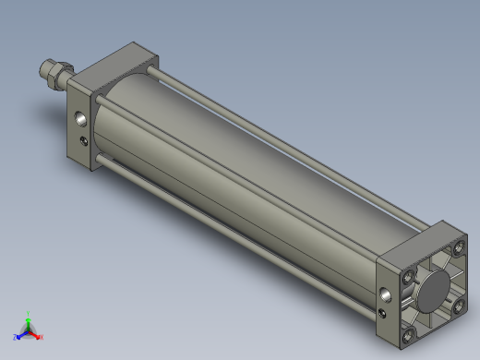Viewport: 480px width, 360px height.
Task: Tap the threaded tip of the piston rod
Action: click(x=42, y=68)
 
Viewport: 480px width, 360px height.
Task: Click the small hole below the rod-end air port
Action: click(x=86, y=140)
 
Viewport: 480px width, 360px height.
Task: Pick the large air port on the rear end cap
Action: click(x=385, y=295)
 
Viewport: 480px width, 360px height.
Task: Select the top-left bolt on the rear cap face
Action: click(x=409, y=275)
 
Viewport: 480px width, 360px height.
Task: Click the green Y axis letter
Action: click(x=29, y=314)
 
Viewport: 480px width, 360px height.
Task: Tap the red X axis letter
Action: click(x=41, y=337)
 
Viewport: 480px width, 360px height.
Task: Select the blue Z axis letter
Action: click(x=16, y=337)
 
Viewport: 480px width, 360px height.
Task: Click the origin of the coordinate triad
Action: click(x=28, y=330)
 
